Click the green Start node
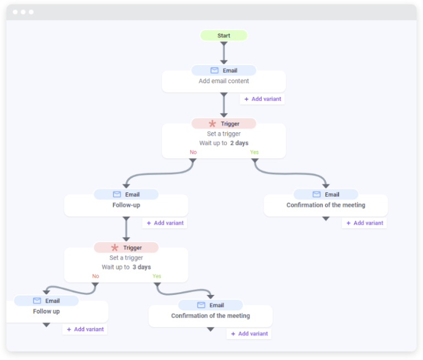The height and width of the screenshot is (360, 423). click(224, 36)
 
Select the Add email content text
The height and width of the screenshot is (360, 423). click(224, 81)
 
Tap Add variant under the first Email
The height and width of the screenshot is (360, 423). click(263, 99)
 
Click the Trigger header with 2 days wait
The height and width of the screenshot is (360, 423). click(224, 124)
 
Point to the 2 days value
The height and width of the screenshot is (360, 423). click(239, 143)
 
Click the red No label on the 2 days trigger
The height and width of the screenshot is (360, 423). click(193, 152)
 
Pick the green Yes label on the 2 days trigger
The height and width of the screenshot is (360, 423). click(254, 152)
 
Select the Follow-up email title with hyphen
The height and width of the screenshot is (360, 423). click(126, 205)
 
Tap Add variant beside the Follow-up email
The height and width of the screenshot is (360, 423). click(165, 223)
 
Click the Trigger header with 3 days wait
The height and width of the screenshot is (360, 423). click(126, 248)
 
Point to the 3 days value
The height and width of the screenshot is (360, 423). click(142, 267)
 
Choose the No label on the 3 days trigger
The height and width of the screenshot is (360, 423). click(95, 276)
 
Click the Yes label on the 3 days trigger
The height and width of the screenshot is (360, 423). click(157, 276)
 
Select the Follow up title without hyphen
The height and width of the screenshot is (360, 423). click(46, 311)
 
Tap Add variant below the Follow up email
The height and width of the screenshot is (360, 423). click(85, 329)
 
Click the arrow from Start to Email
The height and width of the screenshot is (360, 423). click(224, 53)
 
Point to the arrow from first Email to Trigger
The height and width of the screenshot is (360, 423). click(224, 105)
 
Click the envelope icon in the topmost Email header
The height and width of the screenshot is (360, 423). click(214, 71)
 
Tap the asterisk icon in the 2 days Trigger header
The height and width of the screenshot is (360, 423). click(212, 124)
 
